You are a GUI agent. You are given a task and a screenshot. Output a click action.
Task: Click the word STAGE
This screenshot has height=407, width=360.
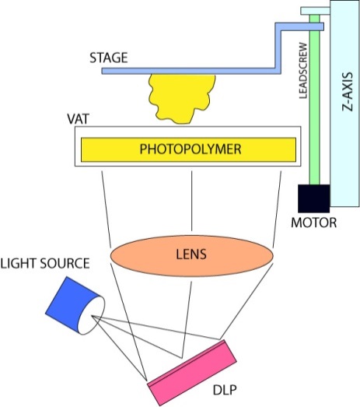point(109,58)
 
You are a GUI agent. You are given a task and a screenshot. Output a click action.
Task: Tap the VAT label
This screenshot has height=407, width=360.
point(78,119)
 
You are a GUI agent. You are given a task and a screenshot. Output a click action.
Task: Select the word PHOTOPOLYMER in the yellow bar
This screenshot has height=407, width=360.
point(190,149)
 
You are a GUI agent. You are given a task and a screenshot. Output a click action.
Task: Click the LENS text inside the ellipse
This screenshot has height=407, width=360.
point(191,254)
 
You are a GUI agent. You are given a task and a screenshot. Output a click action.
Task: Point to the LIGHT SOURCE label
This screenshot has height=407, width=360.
point(45,263)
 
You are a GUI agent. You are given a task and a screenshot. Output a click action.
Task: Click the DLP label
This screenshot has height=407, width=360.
point(225,390)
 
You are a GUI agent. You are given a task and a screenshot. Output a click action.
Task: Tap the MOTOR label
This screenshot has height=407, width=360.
point(314,223)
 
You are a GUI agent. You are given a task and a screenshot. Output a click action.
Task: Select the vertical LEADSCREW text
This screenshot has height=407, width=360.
point(303,71)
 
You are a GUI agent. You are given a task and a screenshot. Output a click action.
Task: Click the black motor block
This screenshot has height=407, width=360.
point(314,198)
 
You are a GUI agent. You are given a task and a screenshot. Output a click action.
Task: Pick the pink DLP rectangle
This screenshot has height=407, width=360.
point(192,373)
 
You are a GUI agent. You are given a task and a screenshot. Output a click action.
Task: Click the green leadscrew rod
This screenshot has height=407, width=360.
point(315,100)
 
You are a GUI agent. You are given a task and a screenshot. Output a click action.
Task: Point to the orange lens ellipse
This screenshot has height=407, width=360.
point(192,256)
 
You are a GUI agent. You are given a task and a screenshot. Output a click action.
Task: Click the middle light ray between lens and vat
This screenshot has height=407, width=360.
point(192,201)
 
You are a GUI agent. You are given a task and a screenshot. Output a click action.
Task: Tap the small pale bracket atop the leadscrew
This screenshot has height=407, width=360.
point(316,11)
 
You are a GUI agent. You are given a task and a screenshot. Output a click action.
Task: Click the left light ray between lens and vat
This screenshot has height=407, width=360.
point(107,209)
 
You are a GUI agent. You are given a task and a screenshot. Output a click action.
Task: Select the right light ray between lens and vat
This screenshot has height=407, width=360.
point(277,209)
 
